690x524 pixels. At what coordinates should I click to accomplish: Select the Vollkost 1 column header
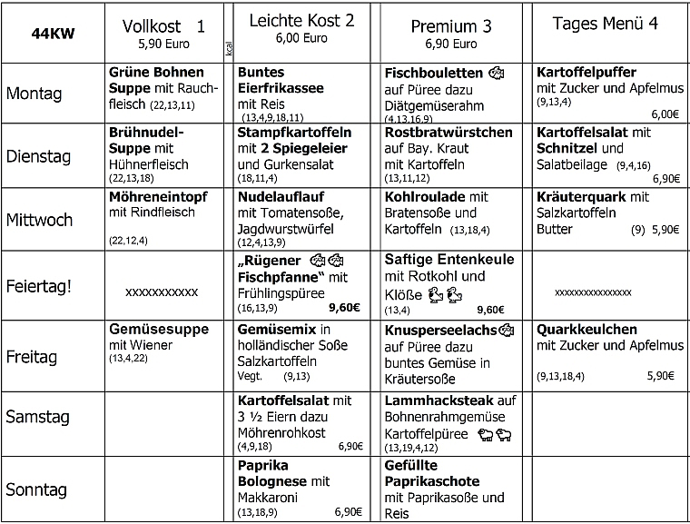point(163,26)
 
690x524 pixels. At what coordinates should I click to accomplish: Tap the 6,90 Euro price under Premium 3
point(450,43)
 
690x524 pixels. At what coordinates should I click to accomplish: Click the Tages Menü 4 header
point(605,25)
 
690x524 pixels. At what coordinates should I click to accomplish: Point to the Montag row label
point(34,93)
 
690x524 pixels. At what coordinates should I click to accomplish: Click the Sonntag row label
point(36,489)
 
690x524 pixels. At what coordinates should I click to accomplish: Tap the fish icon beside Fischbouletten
point(496,73)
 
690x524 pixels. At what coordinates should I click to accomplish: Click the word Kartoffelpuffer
point(586,73)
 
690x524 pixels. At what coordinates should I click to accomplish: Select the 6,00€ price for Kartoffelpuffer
point(664,114)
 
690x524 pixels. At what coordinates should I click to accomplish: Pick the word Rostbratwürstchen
point(449,133)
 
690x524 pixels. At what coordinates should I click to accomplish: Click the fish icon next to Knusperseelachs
point(508,329)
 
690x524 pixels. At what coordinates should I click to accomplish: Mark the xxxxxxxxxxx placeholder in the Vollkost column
point(162,292)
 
